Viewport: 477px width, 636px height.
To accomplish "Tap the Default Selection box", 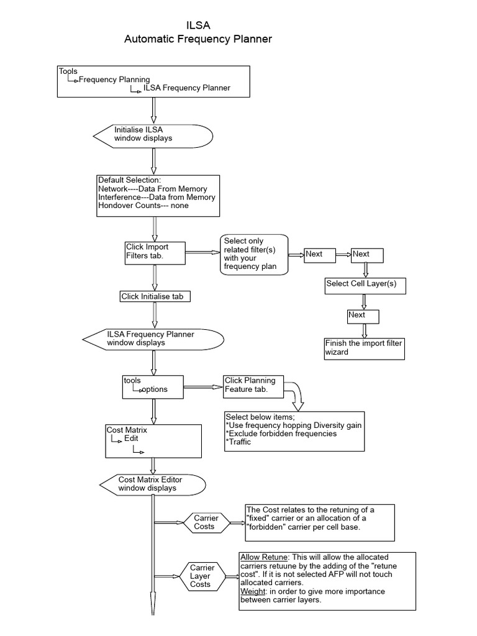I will click(158, 196).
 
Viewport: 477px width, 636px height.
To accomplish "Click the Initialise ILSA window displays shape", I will click(153, 134).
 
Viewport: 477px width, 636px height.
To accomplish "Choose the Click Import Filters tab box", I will click(154, 252).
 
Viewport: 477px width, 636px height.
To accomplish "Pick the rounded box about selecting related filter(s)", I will click(254, 254).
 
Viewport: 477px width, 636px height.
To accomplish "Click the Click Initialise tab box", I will click(154, 297).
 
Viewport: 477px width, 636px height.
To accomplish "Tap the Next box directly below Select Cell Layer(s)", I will click(363, 316).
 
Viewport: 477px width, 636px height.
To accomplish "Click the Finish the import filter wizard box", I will click(364, 348).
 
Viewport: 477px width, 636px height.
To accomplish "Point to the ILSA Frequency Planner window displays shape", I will click(153, 338).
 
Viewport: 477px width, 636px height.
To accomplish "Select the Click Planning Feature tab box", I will click(253, 385).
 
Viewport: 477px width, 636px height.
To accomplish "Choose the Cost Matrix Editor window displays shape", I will click(153, 484).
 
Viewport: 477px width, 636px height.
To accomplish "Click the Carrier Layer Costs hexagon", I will click(202, 576).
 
